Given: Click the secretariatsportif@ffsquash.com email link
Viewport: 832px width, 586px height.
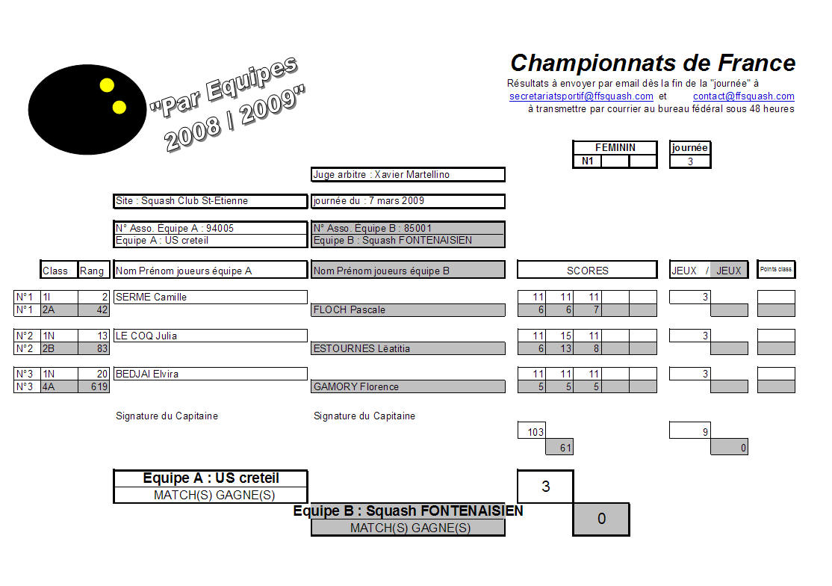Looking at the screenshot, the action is coord(581,96).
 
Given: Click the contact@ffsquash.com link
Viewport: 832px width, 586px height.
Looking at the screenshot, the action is coord(743,96).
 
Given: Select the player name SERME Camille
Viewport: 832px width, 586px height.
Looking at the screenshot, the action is coord(151,297).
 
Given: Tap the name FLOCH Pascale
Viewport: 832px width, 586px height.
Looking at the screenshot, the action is coord(349,310).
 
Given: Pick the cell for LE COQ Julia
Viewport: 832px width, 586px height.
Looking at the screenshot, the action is coord(210,336).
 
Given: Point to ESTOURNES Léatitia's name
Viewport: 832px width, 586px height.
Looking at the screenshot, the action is coord(361,349).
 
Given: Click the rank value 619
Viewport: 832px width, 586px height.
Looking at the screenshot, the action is coord(99,387).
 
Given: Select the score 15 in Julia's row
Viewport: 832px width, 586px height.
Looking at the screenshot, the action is coord(565,336).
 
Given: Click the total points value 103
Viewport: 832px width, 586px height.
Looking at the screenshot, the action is coord(535,432).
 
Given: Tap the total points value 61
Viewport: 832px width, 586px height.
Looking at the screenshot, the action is coord(565,448).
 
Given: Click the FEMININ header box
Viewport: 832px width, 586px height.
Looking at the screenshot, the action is coord(615,147).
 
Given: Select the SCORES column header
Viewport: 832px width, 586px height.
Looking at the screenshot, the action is coord(587,270).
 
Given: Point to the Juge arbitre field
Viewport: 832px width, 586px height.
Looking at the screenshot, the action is coord(408,175).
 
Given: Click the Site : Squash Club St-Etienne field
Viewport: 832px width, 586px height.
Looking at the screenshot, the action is coord(210,201).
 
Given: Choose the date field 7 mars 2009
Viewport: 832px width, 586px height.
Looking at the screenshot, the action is coord(408,201).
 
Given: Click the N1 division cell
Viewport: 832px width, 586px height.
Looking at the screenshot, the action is coord(587,161).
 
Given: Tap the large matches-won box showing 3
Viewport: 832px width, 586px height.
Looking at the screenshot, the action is coord(545,486).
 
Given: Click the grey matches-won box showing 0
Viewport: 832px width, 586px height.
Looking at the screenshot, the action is coord(601,519).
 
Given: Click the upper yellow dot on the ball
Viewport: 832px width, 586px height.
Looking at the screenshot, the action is coord(108,85).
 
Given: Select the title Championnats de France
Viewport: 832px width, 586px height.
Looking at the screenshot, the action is coord(653,63).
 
